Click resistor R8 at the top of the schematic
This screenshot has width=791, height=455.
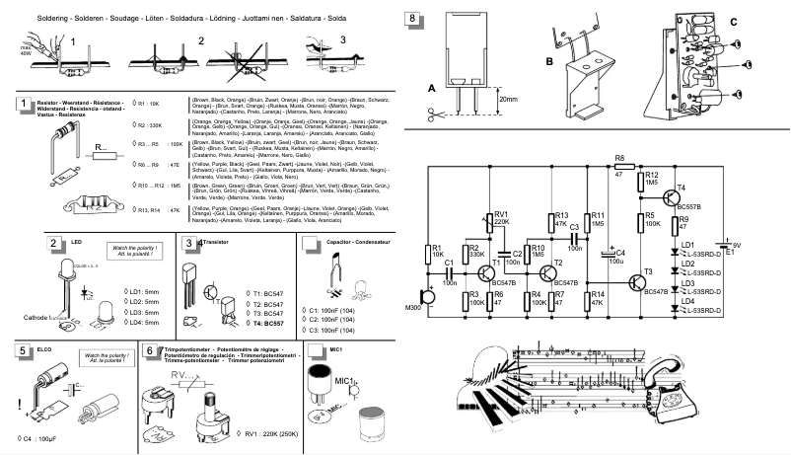click(618, 167)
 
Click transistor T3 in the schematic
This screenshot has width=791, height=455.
click(639, 281)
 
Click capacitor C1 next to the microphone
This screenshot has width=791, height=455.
click(449, 271)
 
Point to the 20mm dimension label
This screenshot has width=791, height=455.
click(509, 100)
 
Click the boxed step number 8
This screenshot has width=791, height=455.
click(412, 19)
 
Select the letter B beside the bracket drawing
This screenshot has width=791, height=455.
click(549, 60)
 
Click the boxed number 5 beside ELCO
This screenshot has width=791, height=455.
click(22, 350)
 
